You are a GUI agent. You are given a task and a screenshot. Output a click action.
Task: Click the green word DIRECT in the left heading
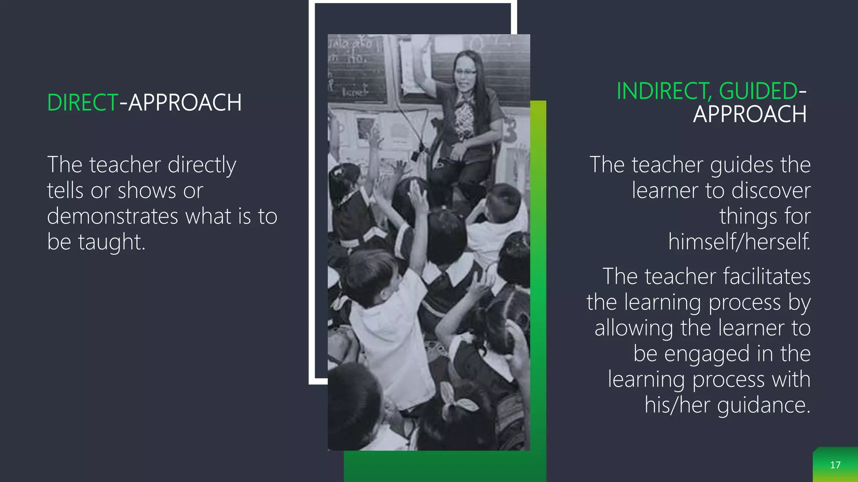83,103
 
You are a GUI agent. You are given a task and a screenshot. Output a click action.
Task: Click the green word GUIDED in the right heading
758,91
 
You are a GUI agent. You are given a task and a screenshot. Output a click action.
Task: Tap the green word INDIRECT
664,91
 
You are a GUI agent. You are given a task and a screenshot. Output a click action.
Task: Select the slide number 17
835,465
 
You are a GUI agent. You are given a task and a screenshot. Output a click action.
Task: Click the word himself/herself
739,242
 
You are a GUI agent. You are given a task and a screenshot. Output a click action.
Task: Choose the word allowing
633,328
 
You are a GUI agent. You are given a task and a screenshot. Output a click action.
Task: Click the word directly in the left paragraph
202,165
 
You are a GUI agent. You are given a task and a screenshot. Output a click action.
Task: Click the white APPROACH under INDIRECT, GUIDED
749,114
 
